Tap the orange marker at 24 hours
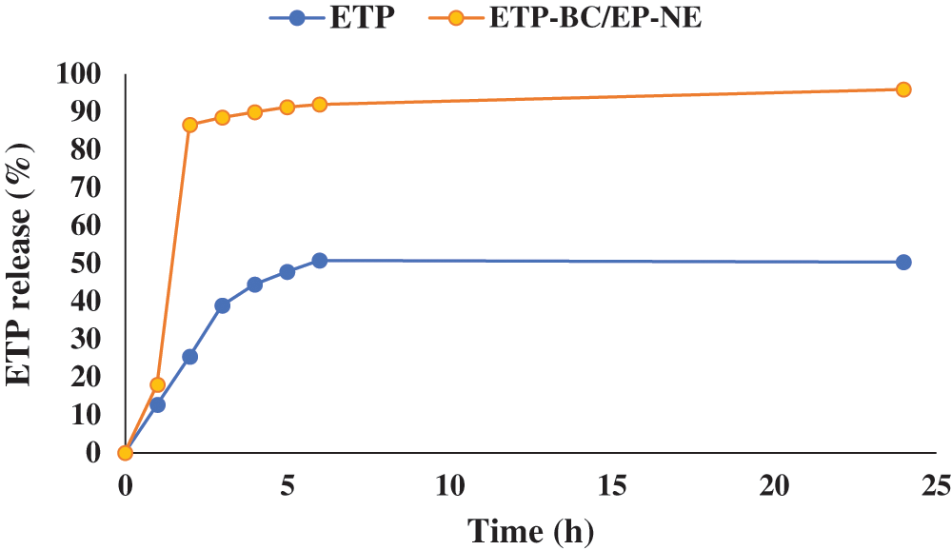click(903, 89)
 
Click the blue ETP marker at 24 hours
click(903, 263)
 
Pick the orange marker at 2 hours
click(189, 125)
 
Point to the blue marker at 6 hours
click(320, 261)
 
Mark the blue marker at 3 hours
click(222, 305)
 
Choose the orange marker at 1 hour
click(157, 385)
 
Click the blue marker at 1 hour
click(157, 404)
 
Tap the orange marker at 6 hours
click(320, 105)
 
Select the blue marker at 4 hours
click(254, 285)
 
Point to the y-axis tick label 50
click(87, 264)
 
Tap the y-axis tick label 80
click(87, 150)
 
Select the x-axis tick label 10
click(448, 487)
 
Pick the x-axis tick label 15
click(611, 487)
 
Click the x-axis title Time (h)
click(529, 529)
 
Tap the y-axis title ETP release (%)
click(21, 263)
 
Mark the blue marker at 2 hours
click(189, 357)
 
